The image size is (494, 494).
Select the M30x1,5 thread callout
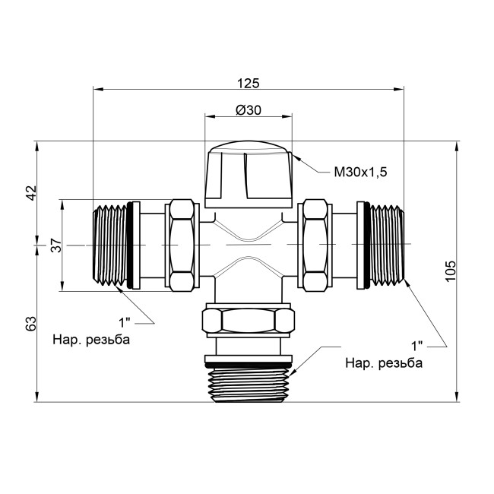pyautogui.click(x=360, y=173)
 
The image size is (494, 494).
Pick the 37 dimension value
pyautogui.click(x=55, y=245)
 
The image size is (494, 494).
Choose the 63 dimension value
pyautogui.click(x=31, y=324)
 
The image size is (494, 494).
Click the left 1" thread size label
pyautogui.click(x=127, y=321)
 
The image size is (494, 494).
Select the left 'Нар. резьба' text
pyautogui.click(x=90, y=339)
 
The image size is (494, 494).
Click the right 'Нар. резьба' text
pyautogui.click(x=383, y=362)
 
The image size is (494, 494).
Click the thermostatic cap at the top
pyautogui.click(x=249, y=175)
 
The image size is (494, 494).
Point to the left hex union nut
pyautogui.click(x=181, y=245)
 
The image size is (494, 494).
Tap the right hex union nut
pyautogui.click(x=314, y=245)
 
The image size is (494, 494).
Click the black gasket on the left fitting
pyautogui.click(x=135, y=245)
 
